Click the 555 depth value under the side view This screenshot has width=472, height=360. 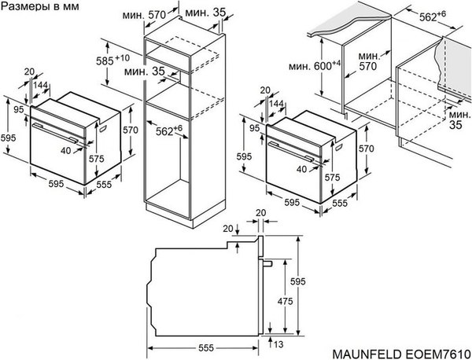coord(206,347)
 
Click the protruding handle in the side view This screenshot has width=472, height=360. coord(268,263)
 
